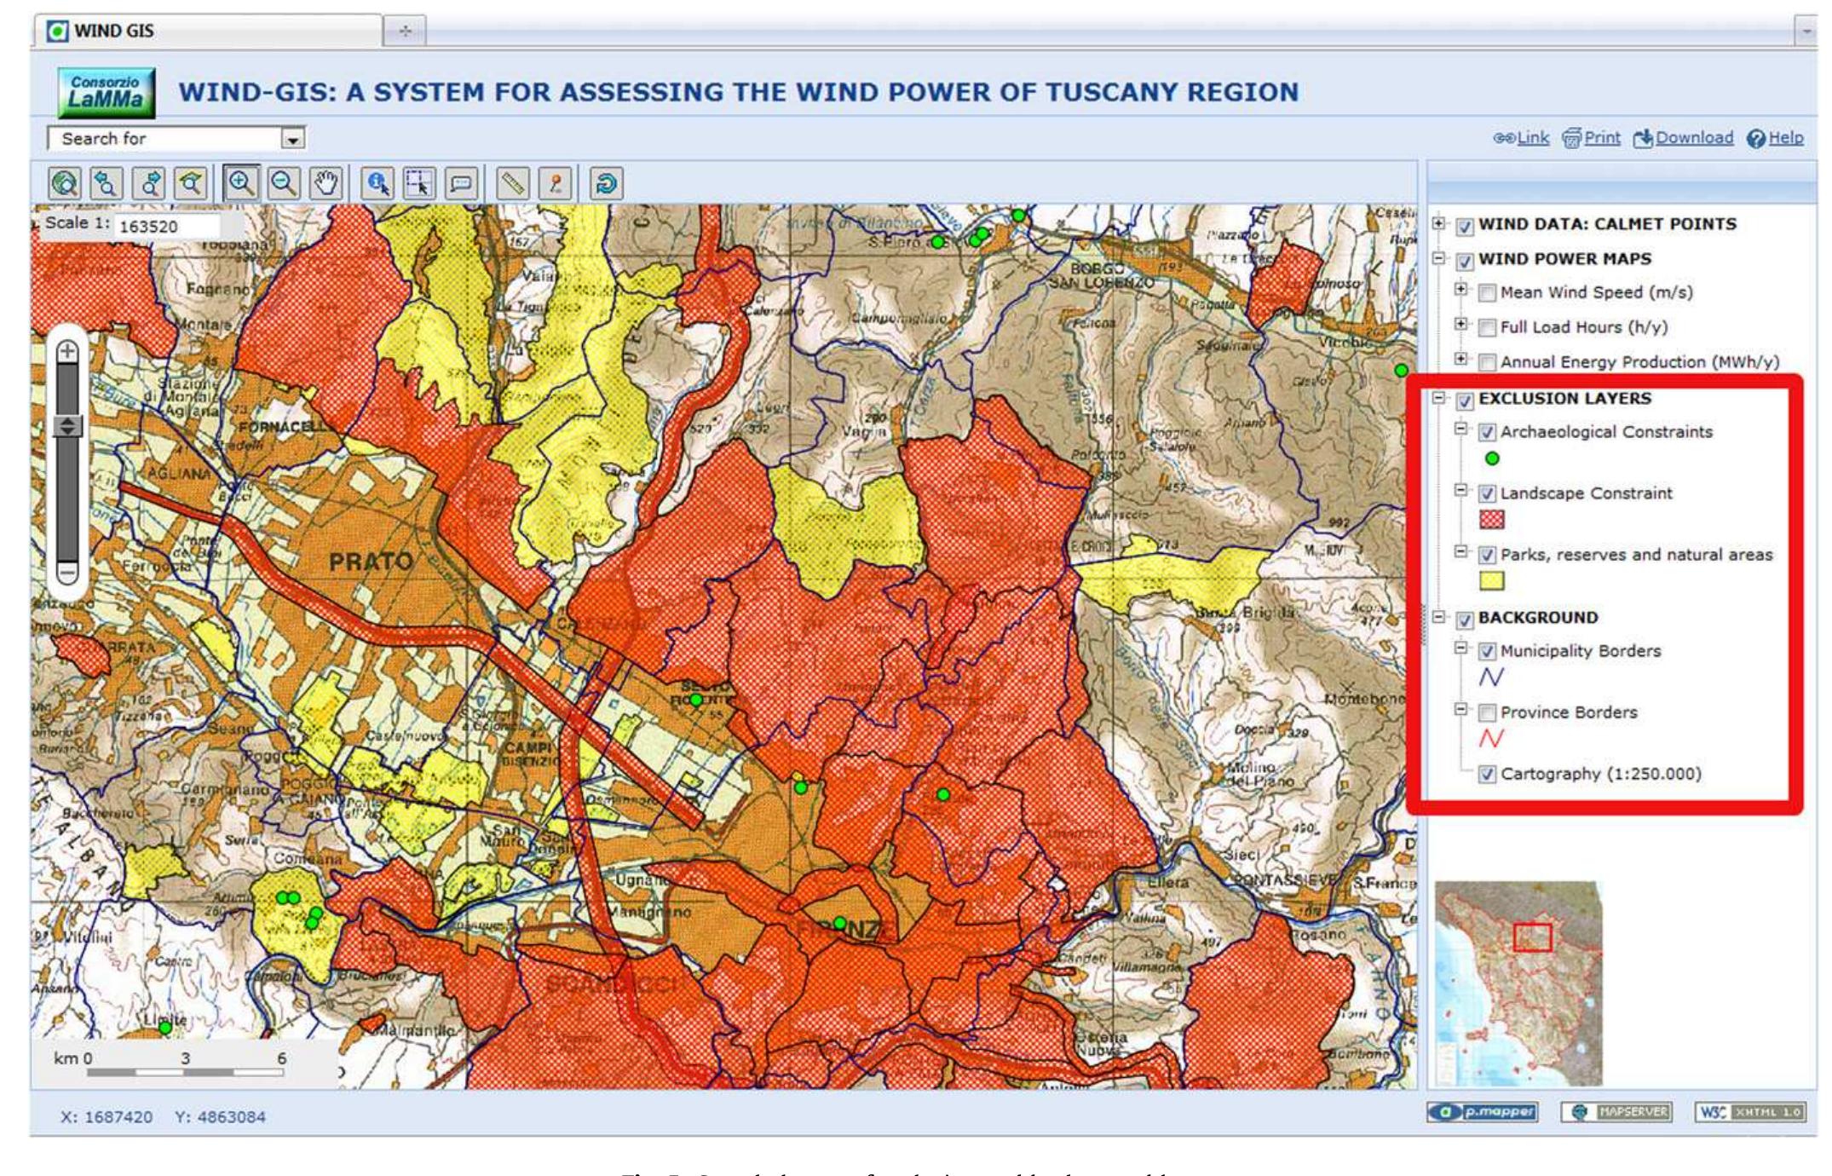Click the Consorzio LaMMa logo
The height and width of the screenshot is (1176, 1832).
point(107,93)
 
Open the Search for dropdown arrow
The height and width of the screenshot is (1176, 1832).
point(292,139)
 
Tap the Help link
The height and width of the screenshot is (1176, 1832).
point(1776,138)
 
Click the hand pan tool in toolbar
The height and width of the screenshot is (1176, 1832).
point(326,183)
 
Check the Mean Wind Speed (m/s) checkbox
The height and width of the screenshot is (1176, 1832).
point(1487,293)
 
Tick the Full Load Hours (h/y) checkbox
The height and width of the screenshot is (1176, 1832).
point(1487,328)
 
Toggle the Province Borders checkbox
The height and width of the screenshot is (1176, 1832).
point(1487,712)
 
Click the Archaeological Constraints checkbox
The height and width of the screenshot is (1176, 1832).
point(1487,433)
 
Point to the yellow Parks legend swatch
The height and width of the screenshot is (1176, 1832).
point(1492,581)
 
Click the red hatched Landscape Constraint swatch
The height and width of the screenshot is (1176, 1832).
point(1492,520)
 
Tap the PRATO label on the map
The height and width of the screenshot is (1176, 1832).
point(371,562)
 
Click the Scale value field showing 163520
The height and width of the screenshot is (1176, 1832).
point(166,227)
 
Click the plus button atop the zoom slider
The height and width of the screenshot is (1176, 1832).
point(67,351)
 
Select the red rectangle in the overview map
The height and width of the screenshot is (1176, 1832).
point(1532,937)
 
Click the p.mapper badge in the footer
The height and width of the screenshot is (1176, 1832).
point(1483,1112)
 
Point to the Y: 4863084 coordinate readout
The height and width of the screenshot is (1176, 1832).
point(220,1116)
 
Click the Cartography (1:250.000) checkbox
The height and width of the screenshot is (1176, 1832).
point(1487,775)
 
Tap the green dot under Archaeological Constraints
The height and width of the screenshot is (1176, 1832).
point(1492,458)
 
